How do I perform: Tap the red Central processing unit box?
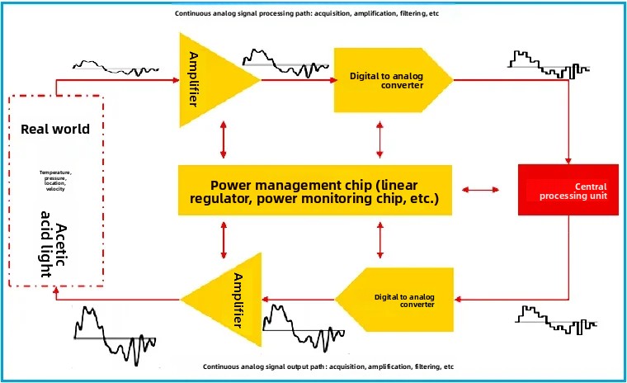[x=568, y=190]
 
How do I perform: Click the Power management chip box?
[x=315, y=190]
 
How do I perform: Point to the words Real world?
[x=55, y=130]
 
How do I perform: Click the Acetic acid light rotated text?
[x=54, y=244]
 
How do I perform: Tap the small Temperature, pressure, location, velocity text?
[x=55, y=181]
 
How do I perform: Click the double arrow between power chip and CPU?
[x=480, y=190]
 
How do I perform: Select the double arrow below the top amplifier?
[x=223, y=139]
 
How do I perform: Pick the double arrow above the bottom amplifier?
[x=224, y=240]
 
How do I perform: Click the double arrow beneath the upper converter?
[x=379, y=139]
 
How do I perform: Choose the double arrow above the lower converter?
[x=379, y=240]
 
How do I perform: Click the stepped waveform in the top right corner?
[x=549, y=64]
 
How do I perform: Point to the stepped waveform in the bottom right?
[x=556, y=320]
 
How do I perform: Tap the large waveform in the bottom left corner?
[x=115, y=335]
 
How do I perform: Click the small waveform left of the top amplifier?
[x=116, y=69]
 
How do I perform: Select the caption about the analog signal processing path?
[x=307, y=13]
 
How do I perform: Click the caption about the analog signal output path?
[x=328, y=366]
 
